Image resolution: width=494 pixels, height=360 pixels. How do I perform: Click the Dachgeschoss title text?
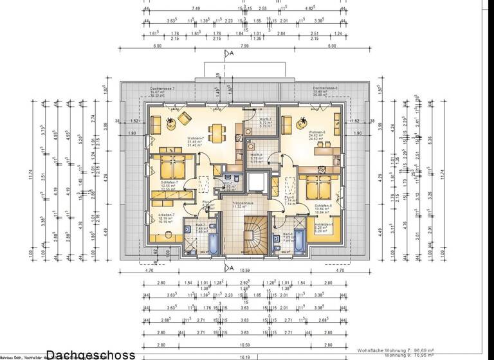coord(91,354)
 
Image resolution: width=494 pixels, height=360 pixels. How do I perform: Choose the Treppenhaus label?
coord(242,205)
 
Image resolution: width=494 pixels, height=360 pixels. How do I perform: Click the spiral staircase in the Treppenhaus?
coord(248,234)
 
